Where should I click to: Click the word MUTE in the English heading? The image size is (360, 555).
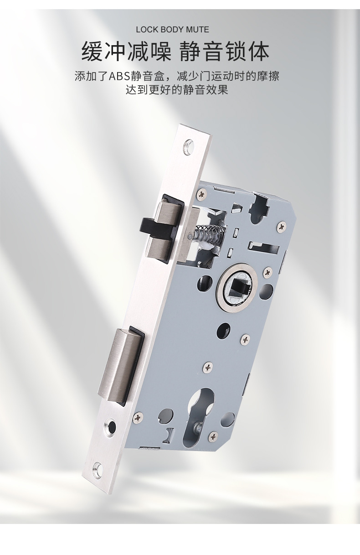coord(197,30)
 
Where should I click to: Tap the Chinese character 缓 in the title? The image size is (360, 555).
coord(92,52)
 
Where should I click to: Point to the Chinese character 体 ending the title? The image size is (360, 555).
coord(258,52)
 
